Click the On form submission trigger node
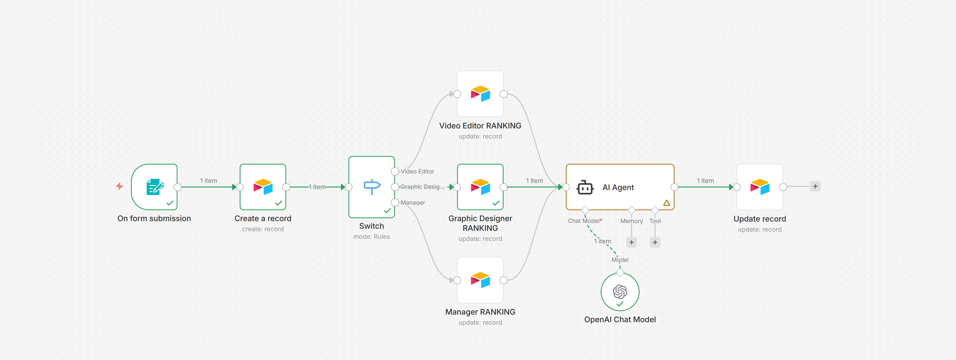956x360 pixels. tap(154, 187)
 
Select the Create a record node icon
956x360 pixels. tap(263, 187)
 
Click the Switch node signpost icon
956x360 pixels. tap(372, 187)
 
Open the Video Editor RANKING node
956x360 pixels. tap(480, 94)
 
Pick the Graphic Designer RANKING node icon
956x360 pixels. tap(480, 187)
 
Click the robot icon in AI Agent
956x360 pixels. tap(585, 187)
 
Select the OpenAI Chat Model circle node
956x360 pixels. tap(620, 292)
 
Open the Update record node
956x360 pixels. tap(760, 187)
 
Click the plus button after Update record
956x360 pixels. tap(815, 186)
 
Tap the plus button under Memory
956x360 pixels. tap(631, 242)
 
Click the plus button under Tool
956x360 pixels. tap(655, 242)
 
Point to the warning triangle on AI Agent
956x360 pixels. tap(667, 203)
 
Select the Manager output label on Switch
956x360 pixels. tap(413, 203)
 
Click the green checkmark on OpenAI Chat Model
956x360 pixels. tap(620, 304)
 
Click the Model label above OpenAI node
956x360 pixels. tap(620, 260)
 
